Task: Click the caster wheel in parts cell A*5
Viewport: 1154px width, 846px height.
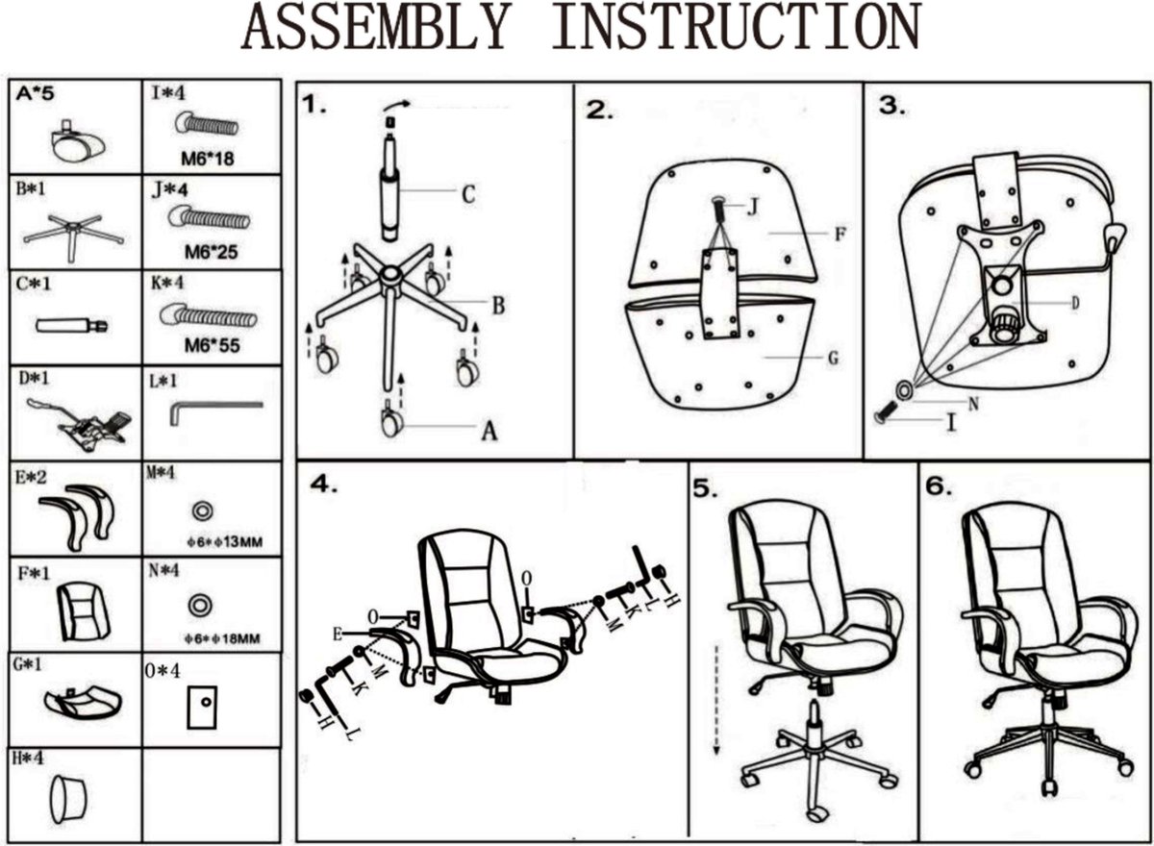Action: (x=73, y=144)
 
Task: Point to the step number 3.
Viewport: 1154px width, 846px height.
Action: (x=891, y=106)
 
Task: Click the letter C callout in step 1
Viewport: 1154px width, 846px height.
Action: (x=467, y=194)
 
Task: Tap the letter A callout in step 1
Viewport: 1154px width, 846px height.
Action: (x=489, y=432)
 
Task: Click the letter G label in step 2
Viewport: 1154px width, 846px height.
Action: (x=833, y=359)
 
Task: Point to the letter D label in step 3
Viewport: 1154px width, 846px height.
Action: (x=1076, y=303)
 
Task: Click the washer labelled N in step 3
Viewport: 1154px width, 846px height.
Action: (x=905, y=390)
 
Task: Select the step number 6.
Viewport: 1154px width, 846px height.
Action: (x=939, y=486)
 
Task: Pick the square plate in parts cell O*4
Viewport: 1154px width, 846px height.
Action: (x=203, y=709)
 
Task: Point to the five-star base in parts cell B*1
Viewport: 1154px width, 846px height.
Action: (x=73, y=232)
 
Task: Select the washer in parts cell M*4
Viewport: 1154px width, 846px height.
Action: (x=203, y=510)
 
